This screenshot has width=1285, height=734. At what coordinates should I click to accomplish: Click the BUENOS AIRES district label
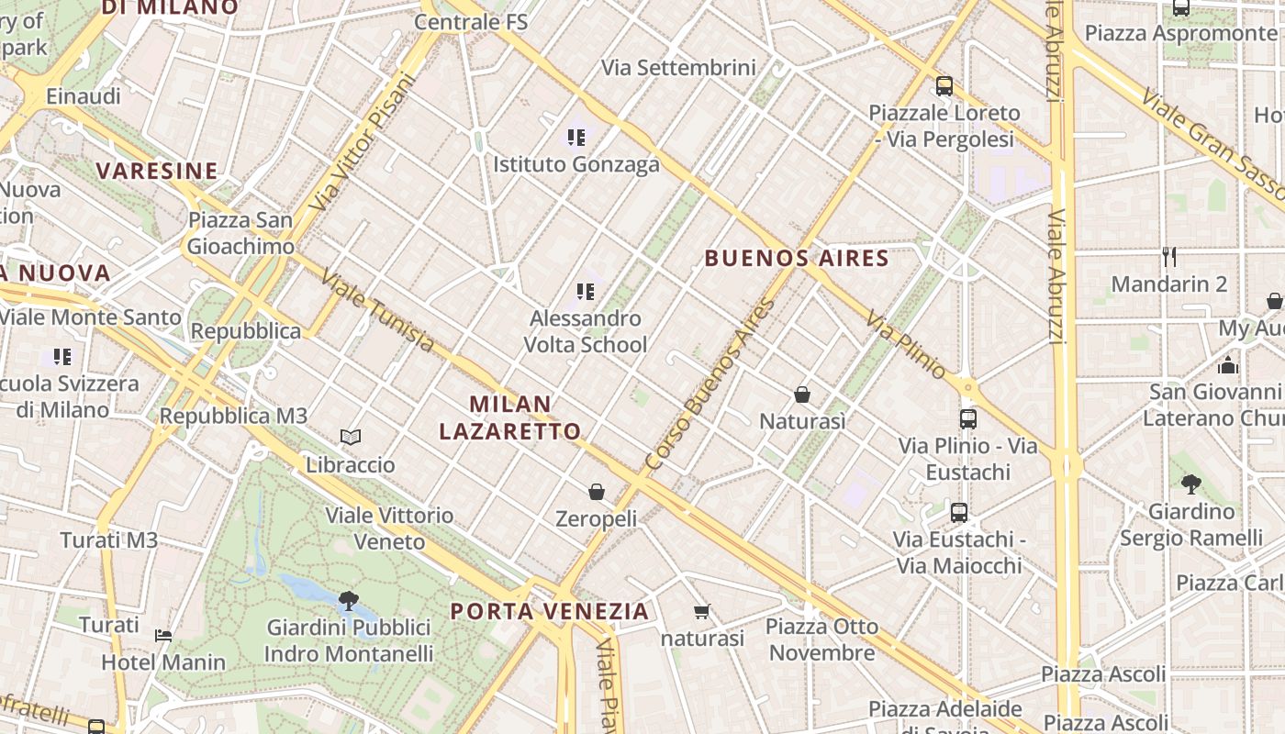point(797,258)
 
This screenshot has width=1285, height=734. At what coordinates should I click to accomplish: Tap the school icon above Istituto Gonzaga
point(576,138)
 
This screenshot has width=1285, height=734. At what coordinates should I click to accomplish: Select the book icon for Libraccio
point(351,437)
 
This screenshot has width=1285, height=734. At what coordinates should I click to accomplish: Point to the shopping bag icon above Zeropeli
point(597,492)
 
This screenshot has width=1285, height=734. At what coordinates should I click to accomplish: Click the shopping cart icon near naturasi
point(702,611)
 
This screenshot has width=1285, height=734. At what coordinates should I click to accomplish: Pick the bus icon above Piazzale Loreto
point(944,86)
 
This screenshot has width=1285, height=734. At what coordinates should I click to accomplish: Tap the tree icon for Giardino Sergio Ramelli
point(1191,484)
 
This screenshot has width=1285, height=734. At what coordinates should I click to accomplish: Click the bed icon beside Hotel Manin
point(163,635)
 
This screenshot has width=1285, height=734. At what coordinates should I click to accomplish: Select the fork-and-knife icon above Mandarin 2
point(1168,256)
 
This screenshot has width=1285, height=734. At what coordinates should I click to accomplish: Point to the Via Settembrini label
point(678,67)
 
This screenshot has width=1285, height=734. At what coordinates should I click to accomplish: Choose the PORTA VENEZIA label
point(550,611)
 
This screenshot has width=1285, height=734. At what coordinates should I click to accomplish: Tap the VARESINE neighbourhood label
point(157,171)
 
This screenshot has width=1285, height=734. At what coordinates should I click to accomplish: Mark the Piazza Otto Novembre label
point(822,639)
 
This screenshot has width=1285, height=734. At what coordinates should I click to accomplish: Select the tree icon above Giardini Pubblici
point(348,601)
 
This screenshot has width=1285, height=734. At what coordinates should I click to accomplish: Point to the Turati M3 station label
point(109,539)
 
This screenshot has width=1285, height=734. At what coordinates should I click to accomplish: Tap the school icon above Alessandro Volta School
point(586,292)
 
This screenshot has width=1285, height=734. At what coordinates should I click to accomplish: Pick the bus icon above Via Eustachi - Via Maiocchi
point(959,513)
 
